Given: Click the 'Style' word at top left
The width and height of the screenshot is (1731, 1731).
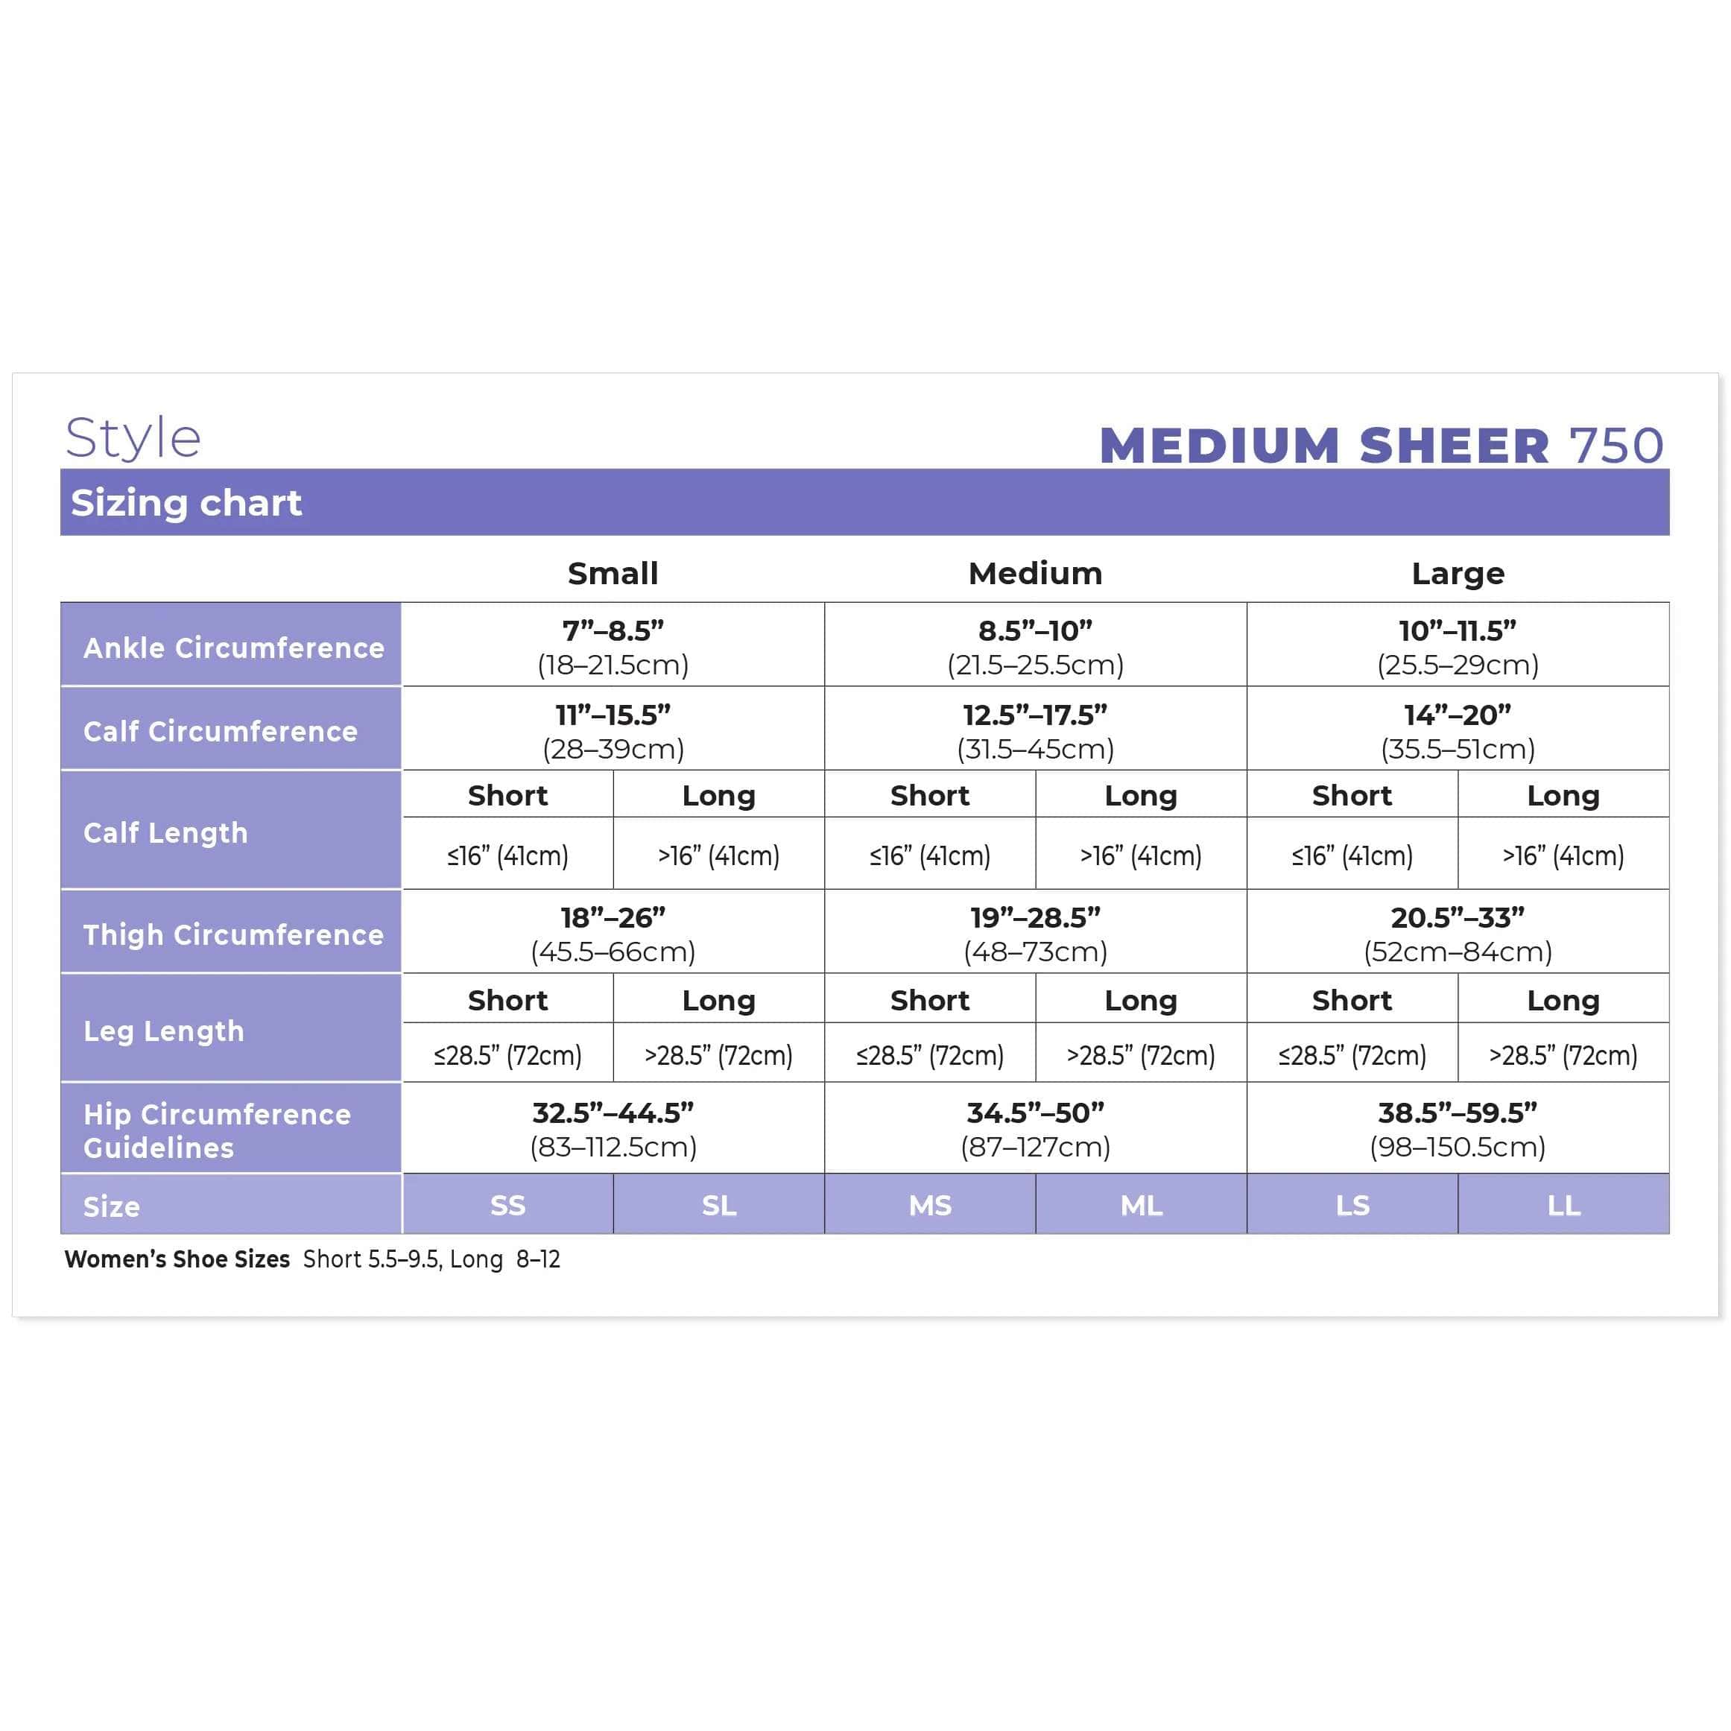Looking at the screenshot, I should pyautogui.click(x=133, y=439).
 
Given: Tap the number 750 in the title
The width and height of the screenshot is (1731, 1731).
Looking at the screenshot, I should pyautogui.click(x=1616, y=446).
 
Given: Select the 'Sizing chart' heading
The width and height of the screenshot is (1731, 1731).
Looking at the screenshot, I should pyautogui.click(x=186, y=504).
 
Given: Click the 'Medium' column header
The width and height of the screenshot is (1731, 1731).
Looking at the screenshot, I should pyautogui.click(x=1035, y=574).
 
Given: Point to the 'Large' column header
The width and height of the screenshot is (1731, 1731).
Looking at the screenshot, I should pyautogui.click(x=1458, y=574).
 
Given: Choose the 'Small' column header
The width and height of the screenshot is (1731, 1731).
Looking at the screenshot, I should pyautogui.click(x=613, y=574).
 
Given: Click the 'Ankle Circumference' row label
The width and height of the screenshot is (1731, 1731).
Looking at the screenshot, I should pyautogui.click(x=234, y=648).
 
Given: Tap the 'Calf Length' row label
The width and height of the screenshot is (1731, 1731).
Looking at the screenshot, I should pyautogui.click(x=165, y=833).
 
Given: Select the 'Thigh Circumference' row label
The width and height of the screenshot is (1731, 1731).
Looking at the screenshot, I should pyautogui.click(x=234, y=935).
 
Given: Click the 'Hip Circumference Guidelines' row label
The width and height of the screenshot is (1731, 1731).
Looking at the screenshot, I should pyautogui.click(x=217, y=1130).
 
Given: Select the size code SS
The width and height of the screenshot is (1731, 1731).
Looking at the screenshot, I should pyautogui.click(x=508, y=1206).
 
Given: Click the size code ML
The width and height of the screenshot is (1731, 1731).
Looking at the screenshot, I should pyautogui.click(x=1141, y=1206).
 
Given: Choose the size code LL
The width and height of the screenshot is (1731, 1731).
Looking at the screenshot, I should pyautogui.click(x=1563, y=1206).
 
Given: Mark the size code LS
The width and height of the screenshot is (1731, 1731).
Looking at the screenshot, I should pyautogui.click(x=1352, y=1206).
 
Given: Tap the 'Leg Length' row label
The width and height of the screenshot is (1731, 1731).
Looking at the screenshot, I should pyautogui.click(x=164, y=1031).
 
